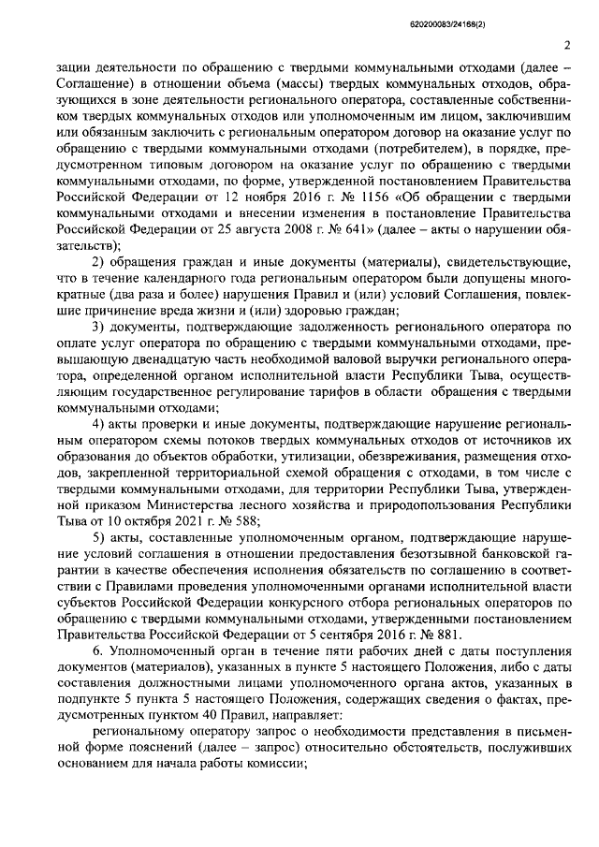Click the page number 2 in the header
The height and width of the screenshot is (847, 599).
coord(567,45)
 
